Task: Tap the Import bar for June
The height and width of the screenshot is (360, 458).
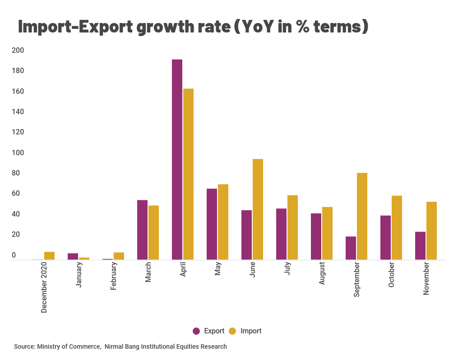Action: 258,209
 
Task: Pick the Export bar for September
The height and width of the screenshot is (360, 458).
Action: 351,248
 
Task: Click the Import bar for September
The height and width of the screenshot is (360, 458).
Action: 362,216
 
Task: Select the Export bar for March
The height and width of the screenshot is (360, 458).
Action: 142,230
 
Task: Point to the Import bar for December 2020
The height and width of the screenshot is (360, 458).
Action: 49,256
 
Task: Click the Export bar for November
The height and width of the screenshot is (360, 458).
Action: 420,246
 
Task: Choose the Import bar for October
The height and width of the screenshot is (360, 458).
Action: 397,227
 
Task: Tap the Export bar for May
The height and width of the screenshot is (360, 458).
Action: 212,224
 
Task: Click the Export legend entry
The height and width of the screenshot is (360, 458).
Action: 208,331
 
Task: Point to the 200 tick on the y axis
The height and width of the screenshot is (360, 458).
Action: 17,50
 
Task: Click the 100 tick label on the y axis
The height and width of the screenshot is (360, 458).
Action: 17,152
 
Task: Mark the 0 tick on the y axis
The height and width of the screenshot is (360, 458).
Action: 14,255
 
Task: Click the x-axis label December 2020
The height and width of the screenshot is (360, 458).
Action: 44,289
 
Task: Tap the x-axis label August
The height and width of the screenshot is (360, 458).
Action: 322,273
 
